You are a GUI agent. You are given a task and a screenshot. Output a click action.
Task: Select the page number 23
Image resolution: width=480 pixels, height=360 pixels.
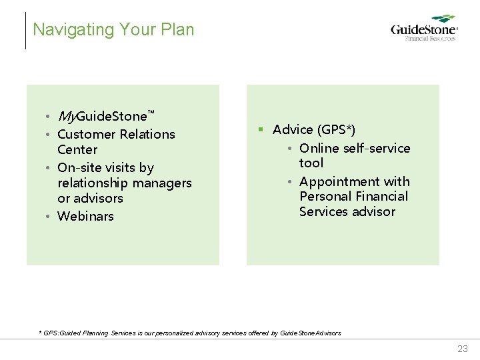[x=462, y=349]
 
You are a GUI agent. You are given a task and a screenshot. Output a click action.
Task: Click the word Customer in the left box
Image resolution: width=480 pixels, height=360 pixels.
[x=85, y=134]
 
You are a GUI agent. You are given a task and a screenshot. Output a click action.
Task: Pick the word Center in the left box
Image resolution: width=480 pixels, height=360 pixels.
[x=77, y=149]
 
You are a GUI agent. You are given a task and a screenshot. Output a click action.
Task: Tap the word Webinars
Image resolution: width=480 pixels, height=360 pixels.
[x=85, y=216]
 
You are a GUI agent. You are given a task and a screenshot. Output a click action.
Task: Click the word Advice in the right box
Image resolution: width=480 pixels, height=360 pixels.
[x=293, y=129]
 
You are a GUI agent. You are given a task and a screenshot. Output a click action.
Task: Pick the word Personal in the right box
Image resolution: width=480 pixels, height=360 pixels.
[x=325, y=196]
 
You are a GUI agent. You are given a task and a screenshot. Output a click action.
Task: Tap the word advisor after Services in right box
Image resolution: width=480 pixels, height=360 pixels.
[x=375, y=211]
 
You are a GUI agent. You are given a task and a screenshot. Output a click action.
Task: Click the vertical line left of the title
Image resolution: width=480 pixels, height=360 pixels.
[x=25, y=30]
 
